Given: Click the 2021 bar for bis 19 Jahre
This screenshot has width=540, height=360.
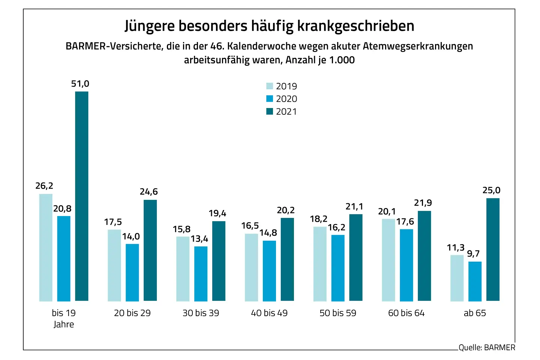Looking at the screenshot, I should tap(82, 196).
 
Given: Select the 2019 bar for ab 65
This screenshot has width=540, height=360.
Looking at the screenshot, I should tap(457, 278).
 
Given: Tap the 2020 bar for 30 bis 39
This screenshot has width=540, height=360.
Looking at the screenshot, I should tap(201, 274).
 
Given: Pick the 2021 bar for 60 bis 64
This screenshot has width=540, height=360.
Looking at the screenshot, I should tap(424, 256).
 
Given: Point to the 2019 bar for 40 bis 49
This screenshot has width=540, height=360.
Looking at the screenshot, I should tap(251, 267).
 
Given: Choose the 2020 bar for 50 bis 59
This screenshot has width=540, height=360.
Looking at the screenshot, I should tap(338, 268).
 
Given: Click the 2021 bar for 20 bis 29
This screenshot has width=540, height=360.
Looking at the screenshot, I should tap(150, 250).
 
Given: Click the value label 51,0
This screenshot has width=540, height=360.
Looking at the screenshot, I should tap(80, 84).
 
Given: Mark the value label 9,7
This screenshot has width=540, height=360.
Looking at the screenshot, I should tap(473, 254).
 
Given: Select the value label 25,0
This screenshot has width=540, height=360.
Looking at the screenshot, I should tap(491, 190).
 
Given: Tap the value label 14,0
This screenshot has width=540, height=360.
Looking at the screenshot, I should tap(131, 237).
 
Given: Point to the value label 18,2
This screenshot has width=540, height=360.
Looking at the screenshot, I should tap(319, 219).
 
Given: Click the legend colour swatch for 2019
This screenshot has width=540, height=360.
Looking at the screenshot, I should tap(270, 86).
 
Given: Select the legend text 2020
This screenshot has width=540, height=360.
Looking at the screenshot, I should tap(286, 99).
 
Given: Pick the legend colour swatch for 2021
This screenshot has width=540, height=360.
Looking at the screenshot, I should tap(270, 111).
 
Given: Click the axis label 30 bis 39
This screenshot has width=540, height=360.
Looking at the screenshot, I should tap(201, 313).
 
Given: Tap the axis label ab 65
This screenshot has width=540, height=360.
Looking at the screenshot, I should tap(475, 313).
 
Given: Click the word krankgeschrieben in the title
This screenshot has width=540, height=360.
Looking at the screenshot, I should tap(355, 26).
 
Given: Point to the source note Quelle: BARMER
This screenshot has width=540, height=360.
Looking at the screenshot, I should tap(487, 348).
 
